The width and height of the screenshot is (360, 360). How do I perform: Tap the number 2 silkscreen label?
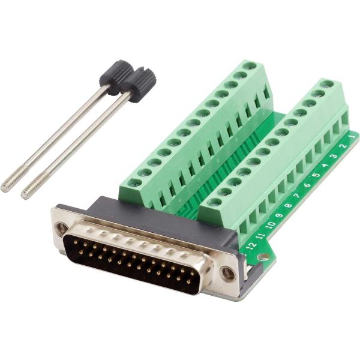344,146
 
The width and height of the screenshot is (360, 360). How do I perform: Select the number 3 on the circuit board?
335,156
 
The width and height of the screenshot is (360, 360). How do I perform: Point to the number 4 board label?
326,166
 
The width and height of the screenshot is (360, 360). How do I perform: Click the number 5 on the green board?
316,175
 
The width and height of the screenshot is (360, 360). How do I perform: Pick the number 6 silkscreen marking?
307,185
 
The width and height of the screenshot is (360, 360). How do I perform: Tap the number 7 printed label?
298,196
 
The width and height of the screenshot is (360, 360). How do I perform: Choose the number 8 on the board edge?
288,205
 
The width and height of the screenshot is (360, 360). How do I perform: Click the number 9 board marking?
279,215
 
